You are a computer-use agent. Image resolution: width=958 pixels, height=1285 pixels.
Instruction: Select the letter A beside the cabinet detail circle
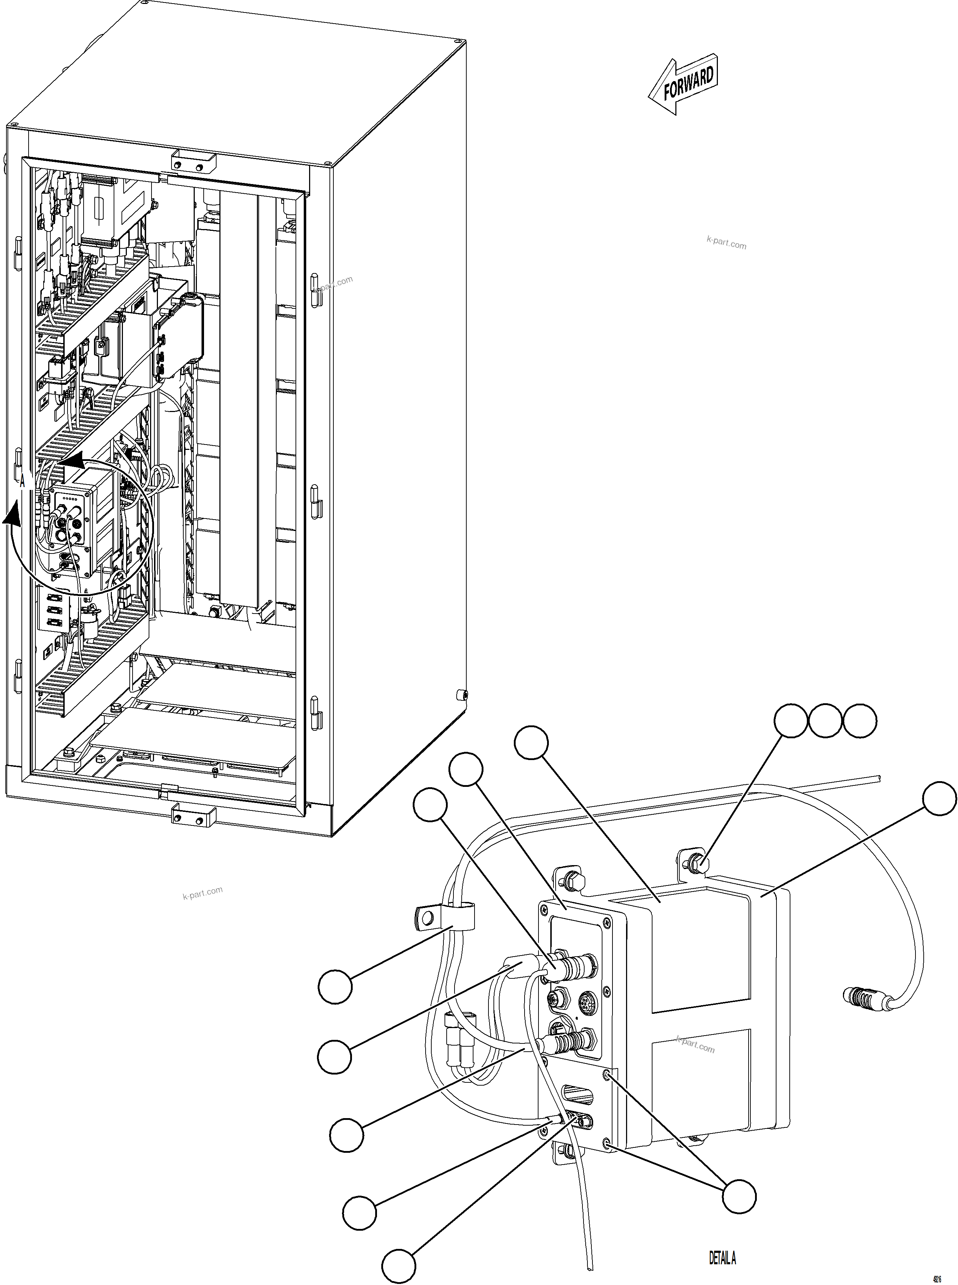point(23,481)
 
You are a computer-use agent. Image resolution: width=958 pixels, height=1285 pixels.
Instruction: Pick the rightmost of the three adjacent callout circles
point(860,721)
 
